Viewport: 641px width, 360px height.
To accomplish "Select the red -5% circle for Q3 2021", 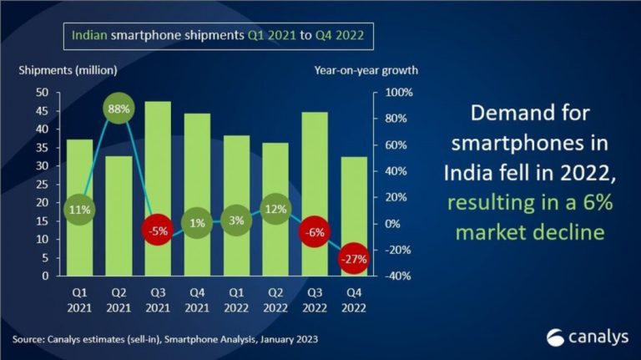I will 159,230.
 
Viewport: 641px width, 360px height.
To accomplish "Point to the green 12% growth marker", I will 275,208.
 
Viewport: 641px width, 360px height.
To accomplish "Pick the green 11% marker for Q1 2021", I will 79,209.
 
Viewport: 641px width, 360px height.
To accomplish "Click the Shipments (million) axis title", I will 68,70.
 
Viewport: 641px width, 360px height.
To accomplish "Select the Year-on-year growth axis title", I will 366,70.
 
